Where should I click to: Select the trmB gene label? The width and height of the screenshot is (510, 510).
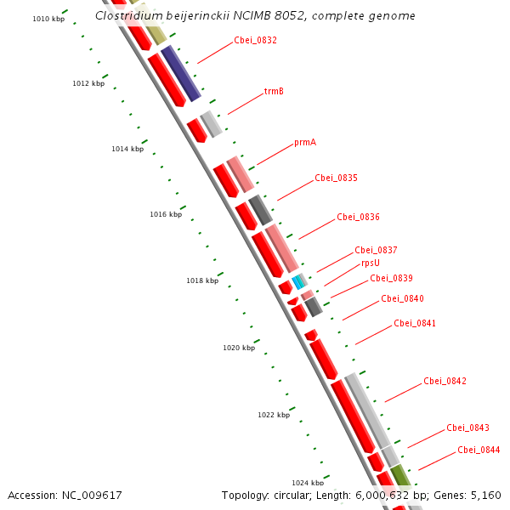click(274, 91)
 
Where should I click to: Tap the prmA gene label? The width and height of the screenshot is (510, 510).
click(305, 142)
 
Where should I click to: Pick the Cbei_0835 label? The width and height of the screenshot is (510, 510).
click(336, 178)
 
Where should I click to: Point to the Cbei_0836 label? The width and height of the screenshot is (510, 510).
click(358, 217)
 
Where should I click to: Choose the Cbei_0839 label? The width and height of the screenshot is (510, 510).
click(391, 278)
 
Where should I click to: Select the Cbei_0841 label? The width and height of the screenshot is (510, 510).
click(415, 323)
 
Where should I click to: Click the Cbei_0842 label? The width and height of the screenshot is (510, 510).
click(445, 381)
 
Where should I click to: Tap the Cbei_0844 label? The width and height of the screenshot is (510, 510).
click(479, 450)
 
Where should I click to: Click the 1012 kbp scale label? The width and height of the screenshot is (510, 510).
click(88, 83)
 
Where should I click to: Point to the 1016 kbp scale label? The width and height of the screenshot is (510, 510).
click(166, 214)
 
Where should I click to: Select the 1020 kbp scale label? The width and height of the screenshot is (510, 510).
click(239, 348)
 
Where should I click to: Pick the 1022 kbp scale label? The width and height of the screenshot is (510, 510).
click(274, 415)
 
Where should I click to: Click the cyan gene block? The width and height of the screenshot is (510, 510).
click(298, 280)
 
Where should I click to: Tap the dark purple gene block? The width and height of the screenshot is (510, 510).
click(180, 73)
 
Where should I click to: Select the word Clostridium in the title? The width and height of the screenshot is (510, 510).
click(130, 15)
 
